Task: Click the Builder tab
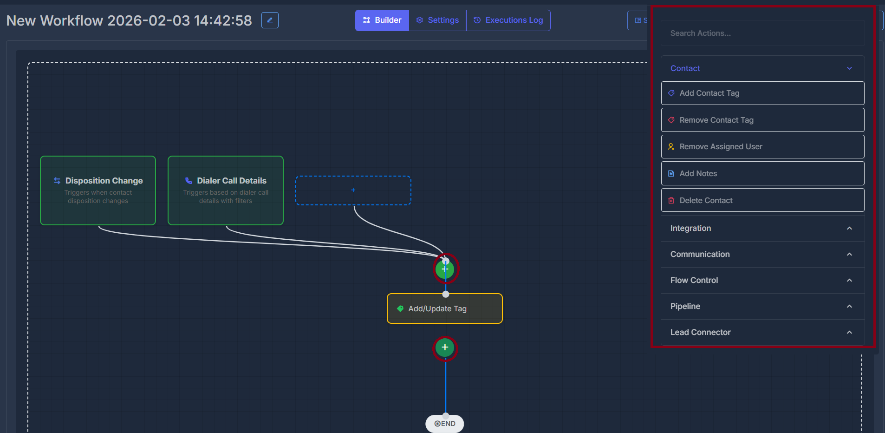pyautogui.click(x=382, y=20)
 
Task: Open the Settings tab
pyautogui.click(x=437, y=20)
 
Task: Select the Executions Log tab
pyautogui.click(x=508, y=20)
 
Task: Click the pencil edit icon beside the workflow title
pyautogui.click(x=270, y=20)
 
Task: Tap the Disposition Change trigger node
pyautogui.click(x=98, y=190)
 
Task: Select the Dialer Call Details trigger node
pyautogui.click(x=226, y=190)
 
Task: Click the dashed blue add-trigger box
pyautogui.click(x=353, y=190)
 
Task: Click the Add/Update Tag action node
pyautogui.click(x=445, y=308)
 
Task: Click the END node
pyautogui.click(x=445, y=424)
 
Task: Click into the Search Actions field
pyautogui.click(x=762, y=33)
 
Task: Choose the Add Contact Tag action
pyautogui.click(x=762, y=93)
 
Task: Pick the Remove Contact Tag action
pyautogui.click(x=762, y=120)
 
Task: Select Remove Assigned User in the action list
pyautogui.click(x=762, y=147)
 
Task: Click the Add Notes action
pyautogui.click(x=762, y=174)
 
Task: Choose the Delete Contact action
pyautogui.click(x=762, y=201)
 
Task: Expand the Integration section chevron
pyautogui.click(x=849, y=229)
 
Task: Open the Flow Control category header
pyautogui.click(x=762, y=281)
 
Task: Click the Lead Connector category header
pyautogui.click(x=762, y=333)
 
